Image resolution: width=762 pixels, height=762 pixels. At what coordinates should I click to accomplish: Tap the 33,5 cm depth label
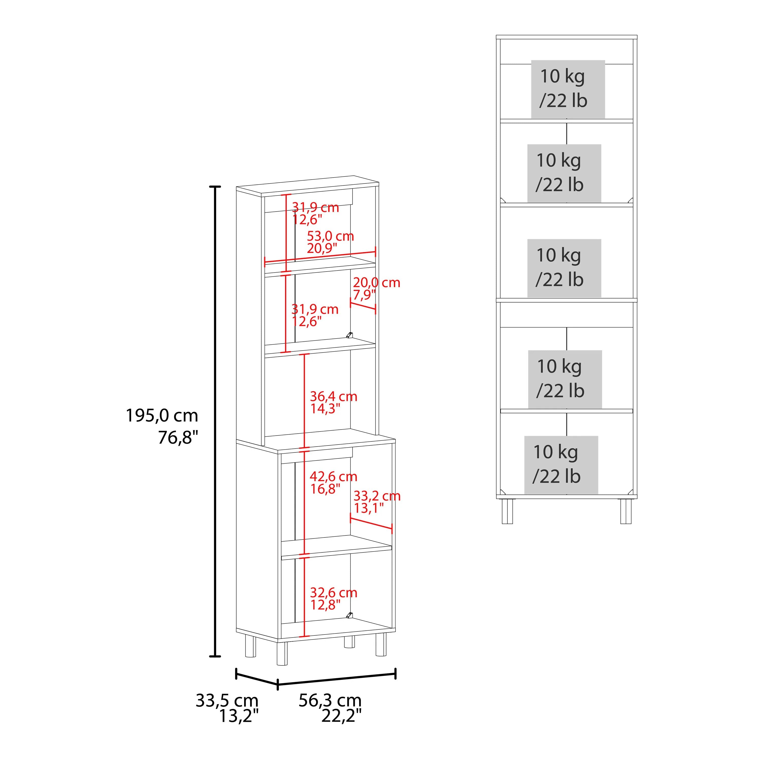(227, 701)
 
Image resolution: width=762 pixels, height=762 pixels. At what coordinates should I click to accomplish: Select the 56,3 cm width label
(330, 701)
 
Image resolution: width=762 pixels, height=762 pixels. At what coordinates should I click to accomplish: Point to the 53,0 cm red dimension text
(330, 236)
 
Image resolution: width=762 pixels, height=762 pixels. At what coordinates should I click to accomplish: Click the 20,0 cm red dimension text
(377, 282)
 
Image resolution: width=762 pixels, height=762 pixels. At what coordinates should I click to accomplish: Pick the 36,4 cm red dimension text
(334, 396)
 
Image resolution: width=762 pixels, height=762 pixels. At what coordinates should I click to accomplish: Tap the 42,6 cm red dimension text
(334, 477)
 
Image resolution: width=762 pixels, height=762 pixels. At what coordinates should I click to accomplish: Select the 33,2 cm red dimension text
(377, 496)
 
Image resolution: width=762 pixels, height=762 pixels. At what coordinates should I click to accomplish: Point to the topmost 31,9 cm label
(315, 207)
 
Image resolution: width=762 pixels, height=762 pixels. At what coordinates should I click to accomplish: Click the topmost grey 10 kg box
(568, 89)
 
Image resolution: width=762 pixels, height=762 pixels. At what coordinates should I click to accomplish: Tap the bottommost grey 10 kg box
(561, 465)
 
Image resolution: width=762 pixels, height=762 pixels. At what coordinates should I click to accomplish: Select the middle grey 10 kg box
(564, 268)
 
